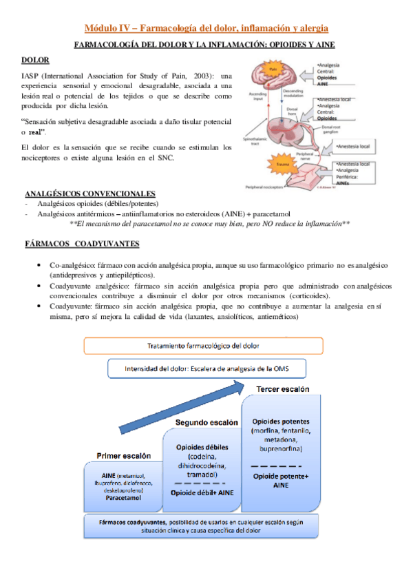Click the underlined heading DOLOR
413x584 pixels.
coord(35,61)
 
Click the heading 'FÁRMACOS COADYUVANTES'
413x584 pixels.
coord(81,244)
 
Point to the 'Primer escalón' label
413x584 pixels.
coord(123,455)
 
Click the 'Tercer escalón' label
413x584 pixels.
coord(282,389)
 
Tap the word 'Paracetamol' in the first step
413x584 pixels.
coord(124,496)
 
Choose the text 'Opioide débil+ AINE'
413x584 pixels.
coord(202,493)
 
